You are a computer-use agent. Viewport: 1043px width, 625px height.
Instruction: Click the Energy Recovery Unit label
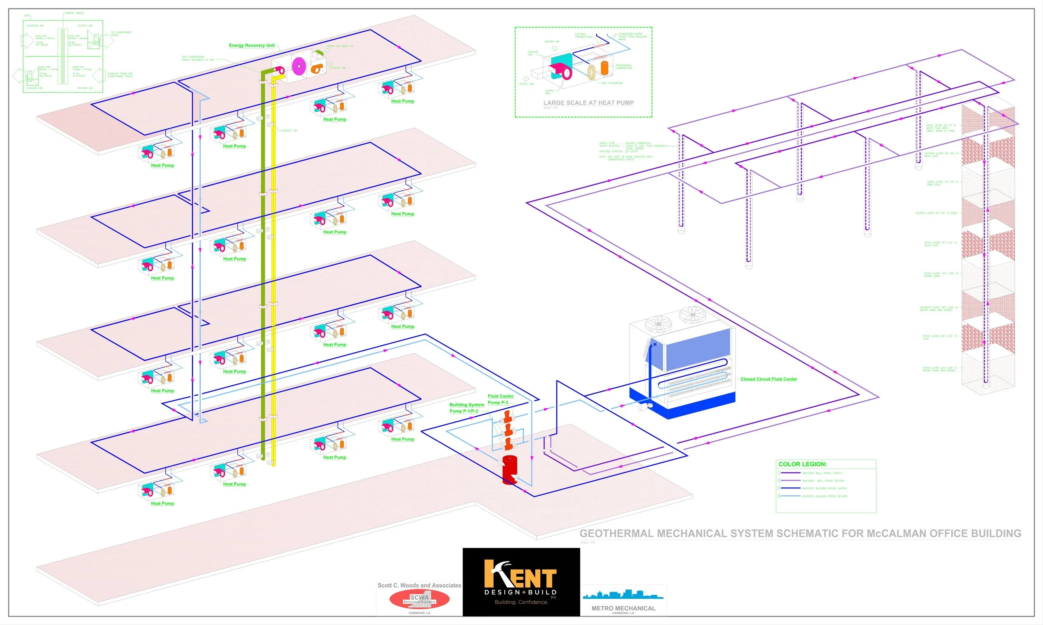252,45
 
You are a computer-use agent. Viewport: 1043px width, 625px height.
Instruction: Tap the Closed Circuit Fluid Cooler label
768,379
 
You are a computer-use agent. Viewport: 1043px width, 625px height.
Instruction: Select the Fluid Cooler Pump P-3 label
500,399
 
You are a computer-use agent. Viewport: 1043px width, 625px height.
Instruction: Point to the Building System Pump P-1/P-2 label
466,407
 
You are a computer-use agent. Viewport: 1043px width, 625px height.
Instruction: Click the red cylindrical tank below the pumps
510,470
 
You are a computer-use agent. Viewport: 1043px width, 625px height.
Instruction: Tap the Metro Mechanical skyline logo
623,595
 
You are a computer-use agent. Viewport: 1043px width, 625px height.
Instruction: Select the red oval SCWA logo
419,599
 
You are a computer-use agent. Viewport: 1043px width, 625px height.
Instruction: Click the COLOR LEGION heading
802,464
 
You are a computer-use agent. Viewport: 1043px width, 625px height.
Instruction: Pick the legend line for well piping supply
790,473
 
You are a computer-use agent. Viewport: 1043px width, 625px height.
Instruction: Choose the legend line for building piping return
790,496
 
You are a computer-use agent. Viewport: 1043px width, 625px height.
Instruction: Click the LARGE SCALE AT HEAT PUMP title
589,103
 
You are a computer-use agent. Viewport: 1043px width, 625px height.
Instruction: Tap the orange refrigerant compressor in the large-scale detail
605,68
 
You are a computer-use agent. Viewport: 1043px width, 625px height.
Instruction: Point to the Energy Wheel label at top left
74,13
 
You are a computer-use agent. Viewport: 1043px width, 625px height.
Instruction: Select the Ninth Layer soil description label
940,369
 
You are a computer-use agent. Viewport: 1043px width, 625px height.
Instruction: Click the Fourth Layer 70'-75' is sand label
936,213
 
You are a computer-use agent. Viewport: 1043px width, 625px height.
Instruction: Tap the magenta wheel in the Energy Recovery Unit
298,66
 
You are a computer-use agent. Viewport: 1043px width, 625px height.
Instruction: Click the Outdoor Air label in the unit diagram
35,26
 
